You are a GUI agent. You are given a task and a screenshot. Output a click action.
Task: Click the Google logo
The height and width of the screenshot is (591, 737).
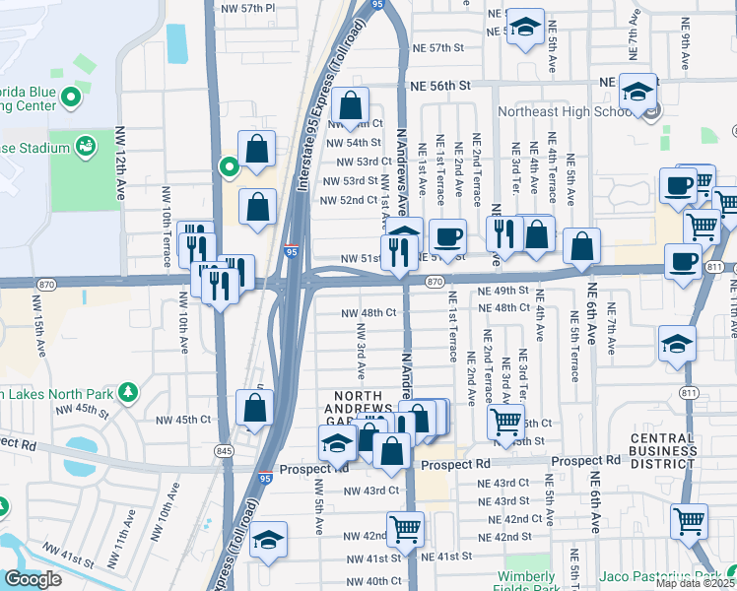pyautogui.click(x=33, y=579)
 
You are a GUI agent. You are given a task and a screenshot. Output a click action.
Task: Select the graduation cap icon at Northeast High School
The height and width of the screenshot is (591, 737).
pyautogui.click(x=638, y=94)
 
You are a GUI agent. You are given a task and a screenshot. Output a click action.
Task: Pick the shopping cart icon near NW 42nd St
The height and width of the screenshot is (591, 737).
pyautogui.click(x=405, y=529)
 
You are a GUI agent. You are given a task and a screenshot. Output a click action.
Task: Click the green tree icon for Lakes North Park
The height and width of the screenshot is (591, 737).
pyautogui.click(x=126, y=393)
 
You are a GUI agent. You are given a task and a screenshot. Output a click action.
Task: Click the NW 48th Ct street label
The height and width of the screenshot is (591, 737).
pyautogui.click(x=368, y=312)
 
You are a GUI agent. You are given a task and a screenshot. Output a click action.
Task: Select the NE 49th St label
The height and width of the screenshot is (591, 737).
pyautogui.click(x=503, y=292)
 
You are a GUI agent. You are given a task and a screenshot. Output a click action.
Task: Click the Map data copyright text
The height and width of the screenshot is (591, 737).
pyautogui.click(x=696, y=583)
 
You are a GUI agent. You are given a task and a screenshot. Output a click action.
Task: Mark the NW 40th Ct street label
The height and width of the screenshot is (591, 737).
pyautogui.click(x=370, y=581)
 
